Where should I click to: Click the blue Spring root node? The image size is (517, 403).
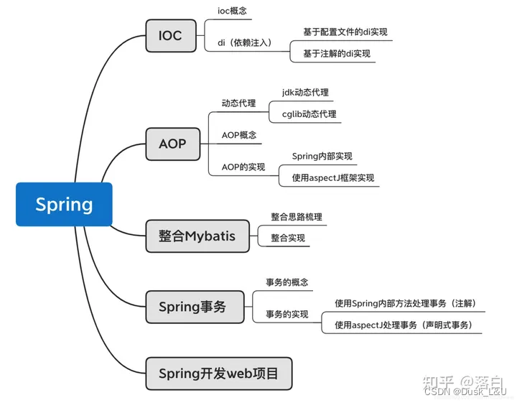(64, 204)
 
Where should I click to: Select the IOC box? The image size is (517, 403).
(170, 35)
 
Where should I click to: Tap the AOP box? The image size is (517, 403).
(172, 144)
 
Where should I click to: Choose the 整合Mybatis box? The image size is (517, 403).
(197, 236)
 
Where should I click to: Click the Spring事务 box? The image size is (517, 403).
(192, 307)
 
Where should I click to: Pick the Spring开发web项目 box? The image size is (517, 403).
(218, 374)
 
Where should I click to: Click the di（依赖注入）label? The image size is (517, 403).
(244, 42)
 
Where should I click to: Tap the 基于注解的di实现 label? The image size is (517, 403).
(337, 53)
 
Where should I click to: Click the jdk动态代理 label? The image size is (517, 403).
(306, 93)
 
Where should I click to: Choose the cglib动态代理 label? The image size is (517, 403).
(309, 114)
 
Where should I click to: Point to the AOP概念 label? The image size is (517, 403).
(239, 135)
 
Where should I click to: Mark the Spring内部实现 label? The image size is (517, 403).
(322, 156)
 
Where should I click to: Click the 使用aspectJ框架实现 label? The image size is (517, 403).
(333, 177)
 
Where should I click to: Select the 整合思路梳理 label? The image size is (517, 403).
(297, 216)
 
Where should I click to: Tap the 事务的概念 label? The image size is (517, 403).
(287, 282)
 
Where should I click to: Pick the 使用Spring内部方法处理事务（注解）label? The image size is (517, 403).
(406, 303)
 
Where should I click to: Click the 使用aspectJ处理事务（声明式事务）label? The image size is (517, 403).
(404, 325)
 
